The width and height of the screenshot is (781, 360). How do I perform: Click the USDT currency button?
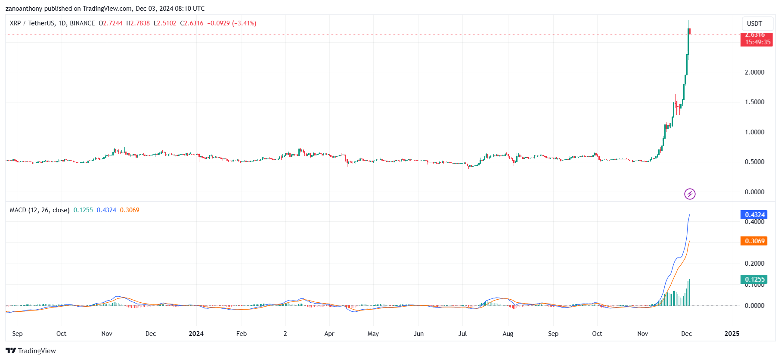(x=754, y=24)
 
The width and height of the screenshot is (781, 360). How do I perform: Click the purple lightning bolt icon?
(x=690, y=194)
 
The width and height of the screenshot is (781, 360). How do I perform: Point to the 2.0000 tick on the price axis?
(x=754, y=72)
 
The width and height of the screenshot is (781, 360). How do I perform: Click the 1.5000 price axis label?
(x=754, y=102)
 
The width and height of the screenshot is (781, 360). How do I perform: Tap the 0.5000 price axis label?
(x=754, y=162)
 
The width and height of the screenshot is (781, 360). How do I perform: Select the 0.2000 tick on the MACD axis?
(x=754, y=264)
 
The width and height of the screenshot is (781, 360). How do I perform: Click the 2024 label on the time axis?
(x=196, y=334)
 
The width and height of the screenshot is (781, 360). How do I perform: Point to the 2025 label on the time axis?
(x=732, y=334)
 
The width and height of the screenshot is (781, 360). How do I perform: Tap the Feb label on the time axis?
(x=242, y=334)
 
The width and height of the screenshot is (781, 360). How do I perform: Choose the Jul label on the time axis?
(x=462, y=334)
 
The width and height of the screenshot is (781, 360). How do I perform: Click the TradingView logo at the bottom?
(x=31, y=351)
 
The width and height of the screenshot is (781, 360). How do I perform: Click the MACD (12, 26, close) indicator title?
(x=40, y=210)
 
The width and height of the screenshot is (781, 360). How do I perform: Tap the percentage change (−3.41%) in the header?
(x=244, y=23)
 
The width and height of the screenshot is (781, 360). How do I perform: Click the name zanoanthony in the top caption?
(x=24, y=9)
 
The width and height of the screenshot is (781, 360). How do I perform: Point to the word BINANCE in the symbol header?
(x=82, y=23)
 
